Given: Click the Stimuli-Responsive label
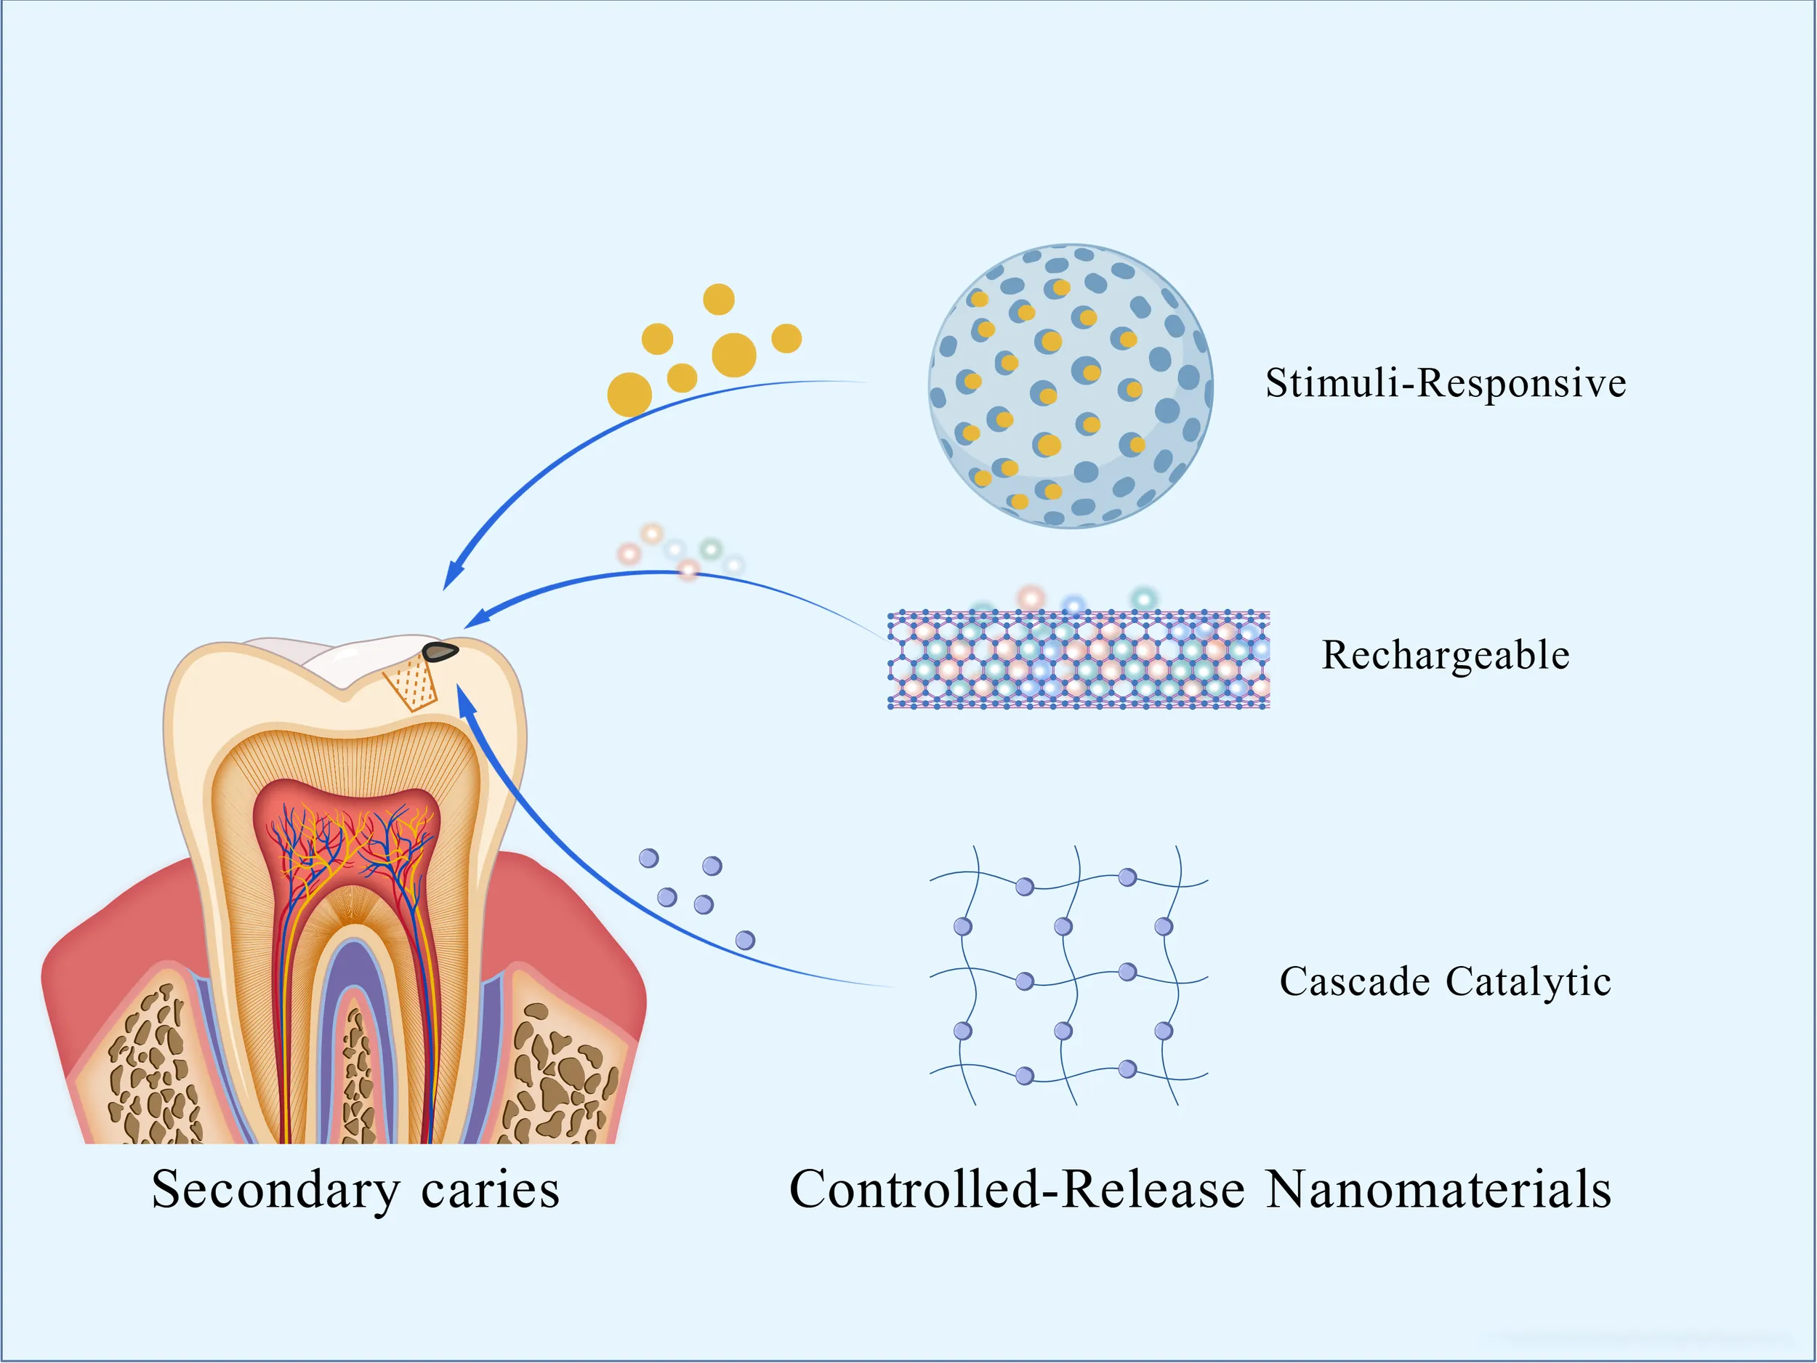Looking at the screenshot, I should pos(1445,384).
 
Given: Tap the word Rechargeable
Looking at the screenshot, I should pos(1445,656).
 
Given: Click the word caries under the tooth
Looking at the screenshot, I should pos(490,1190).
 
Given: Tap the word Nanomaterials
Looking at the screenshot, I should pos(1438,1190).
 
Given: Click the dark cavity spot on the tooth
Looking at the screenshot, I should pos(440,652).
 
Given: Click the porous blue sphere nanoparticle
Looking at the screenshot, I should pos(1071,385).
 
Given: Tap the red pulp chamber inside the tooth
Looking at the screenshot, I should pos(346,830).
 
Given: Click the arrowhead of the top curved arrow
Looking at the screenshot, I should pos(452,575).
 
